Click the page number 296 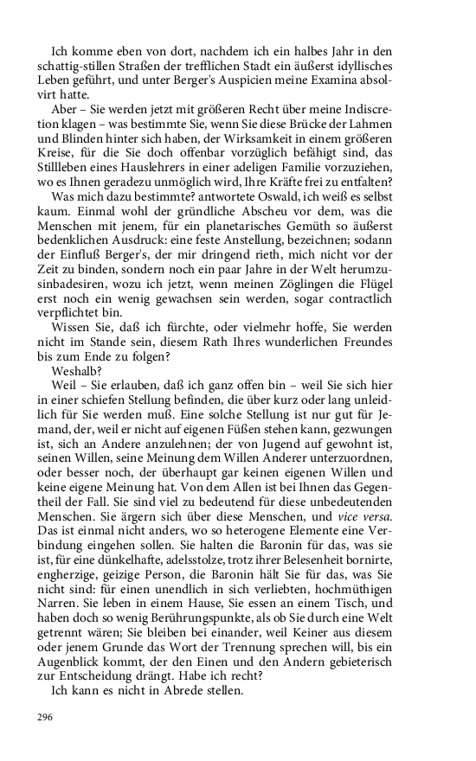coord(44,717)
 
